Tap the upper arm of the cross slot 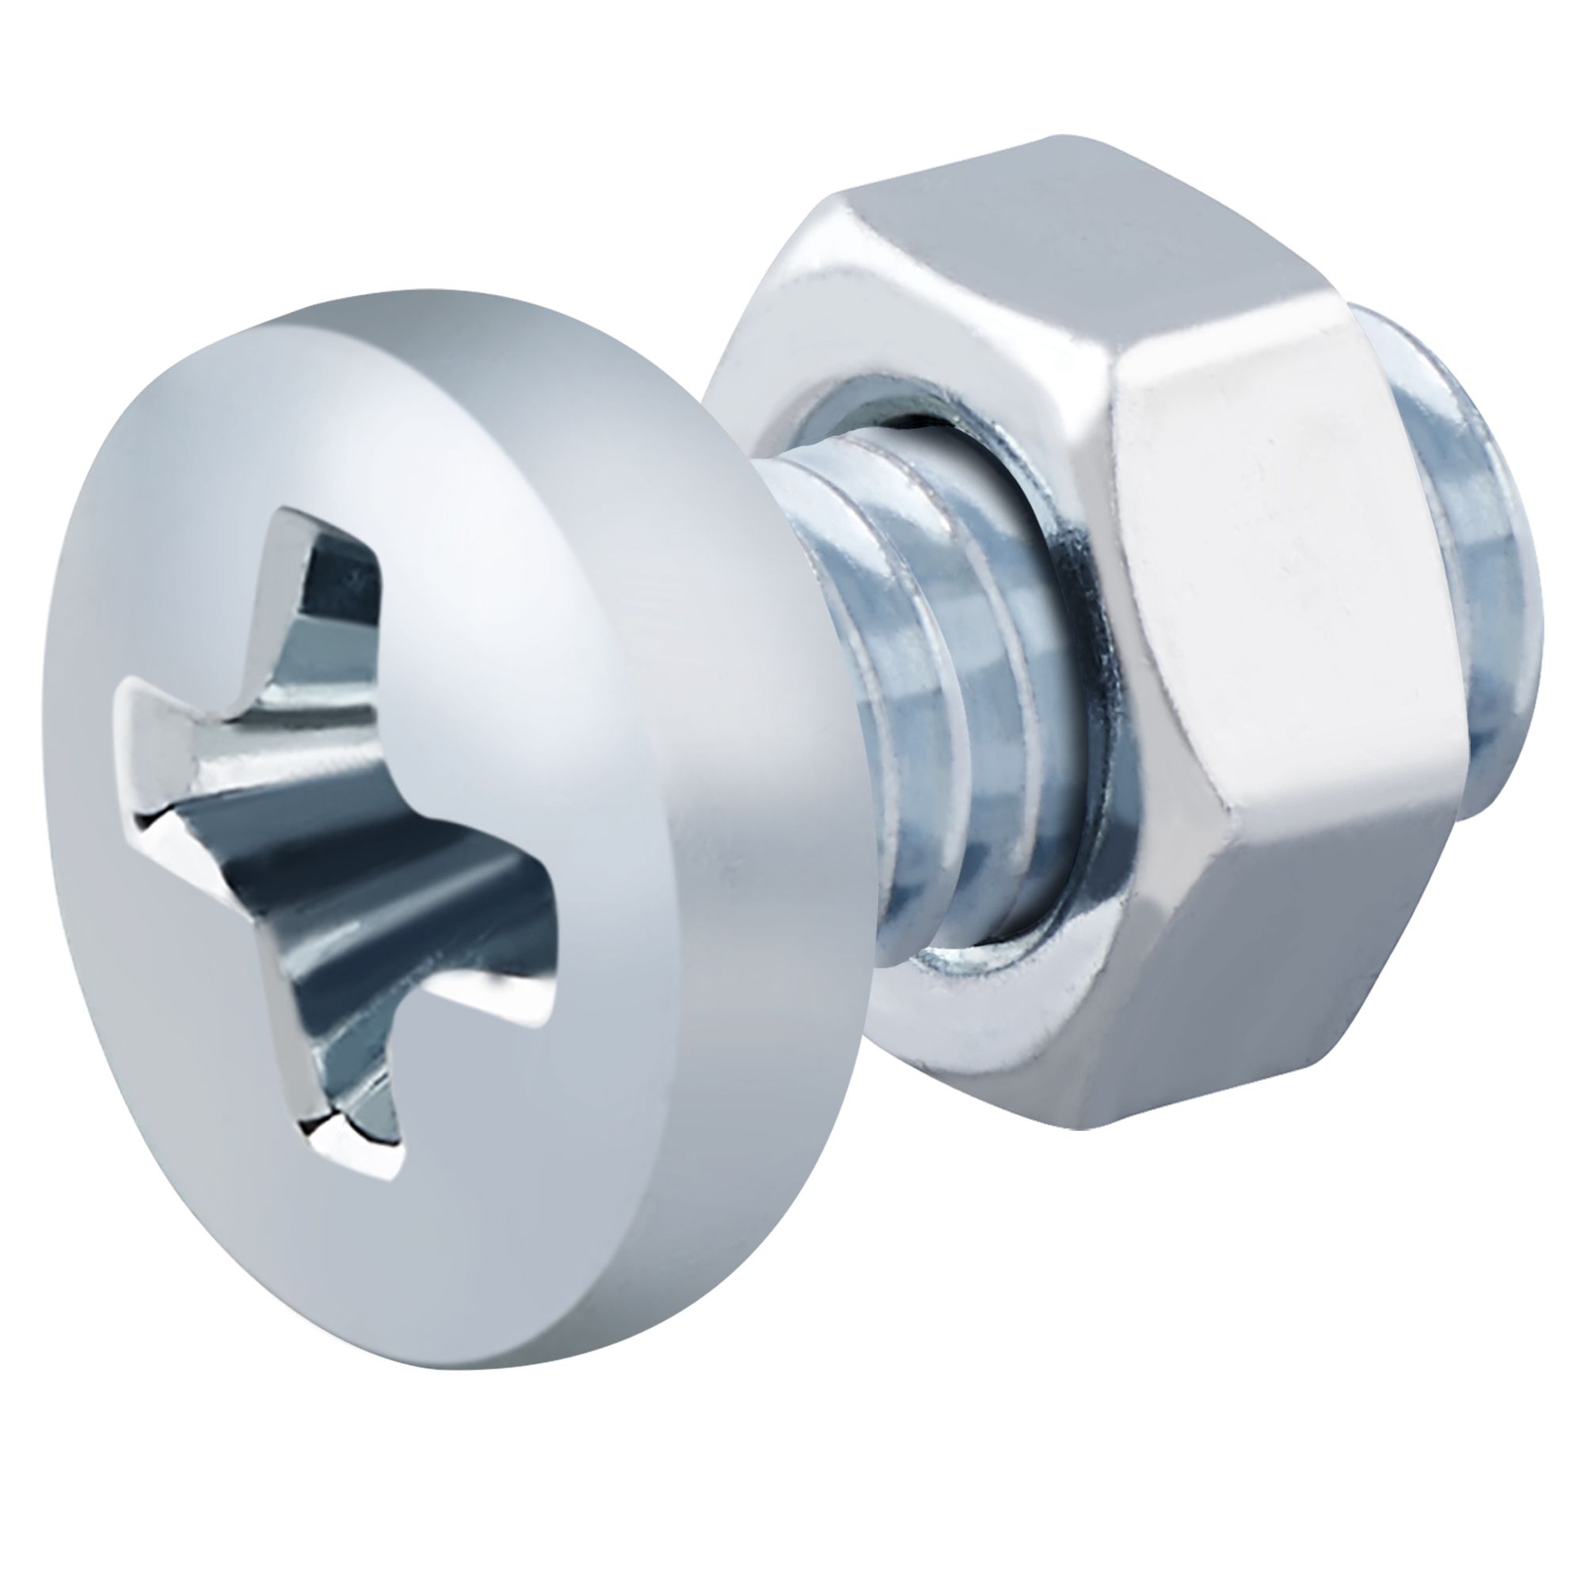point(328,590)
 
